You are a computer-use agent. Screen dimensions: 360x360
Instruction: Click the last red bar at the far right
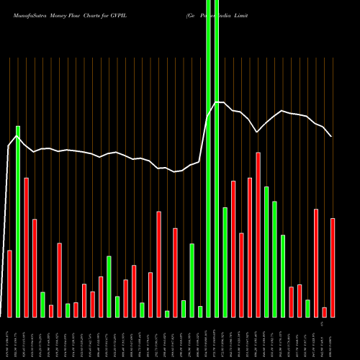pyautogui.click(x=333, y=267)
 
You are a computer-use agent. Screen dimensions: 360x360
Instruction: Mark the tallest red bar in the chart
pyautogui.click(x=258, y=234)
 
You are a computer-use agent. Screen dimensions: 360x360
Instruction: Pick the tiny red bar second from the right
pyautogui.click(x=325, y=312)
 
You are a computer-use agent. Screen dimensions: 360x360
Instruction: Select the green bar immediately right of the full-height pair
pyautogui.click(x=225, y=262)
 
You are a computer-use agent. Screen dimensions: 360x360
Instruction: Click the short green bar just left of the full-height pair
pyautogui.click(x=200, y=311)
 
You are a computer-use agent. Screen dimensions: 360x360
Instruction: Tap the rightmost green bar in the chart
pyautogui.click(x=307, y=308)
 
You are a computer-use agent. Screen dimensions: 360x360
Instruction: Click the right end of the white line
pyautogui.click(x=331, y=136)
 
